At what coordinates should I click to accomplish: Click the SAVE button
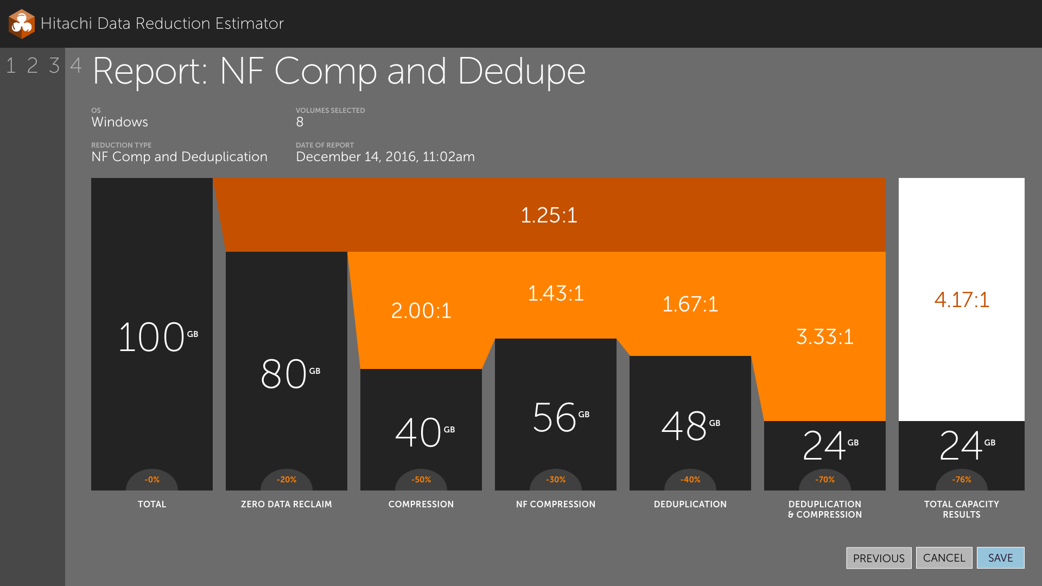(1000, 558)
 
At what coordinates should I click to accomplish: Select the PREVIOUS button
(879, 558)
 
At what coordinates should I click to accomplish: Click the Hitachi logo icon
(22, 24)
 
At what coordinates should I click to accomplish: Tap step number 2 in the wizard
(33, 66)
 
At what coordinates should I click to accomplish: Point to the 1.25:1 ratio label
(549, 215)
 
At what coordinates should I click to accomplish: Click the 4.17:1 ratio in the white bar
(962, 300)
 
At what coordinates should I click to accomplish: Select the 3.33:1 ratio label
(825, 336)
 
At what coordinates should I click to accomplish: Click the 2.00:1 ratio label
(421, 310)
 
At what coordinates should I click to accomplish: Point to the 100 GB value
(158, 336)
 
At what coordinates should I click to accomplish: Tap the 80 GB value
(290, 373)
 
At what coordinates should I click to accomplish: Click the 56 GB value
(561, 417)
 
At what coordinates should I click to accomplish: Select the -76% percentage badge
(962, 480)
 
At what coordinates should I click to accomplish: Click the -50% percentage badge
(421, 480)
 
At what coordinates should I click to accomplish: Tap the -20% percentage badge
(287, 480)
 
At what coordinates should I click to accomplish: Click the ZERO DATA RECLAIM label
(287, 504)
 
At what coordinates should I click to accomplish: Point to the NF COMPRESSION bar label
(556, 504)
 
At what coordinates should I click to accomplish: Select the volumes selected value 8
(300, 122)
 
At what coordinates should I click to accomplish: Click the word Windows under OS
(119, 122)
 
